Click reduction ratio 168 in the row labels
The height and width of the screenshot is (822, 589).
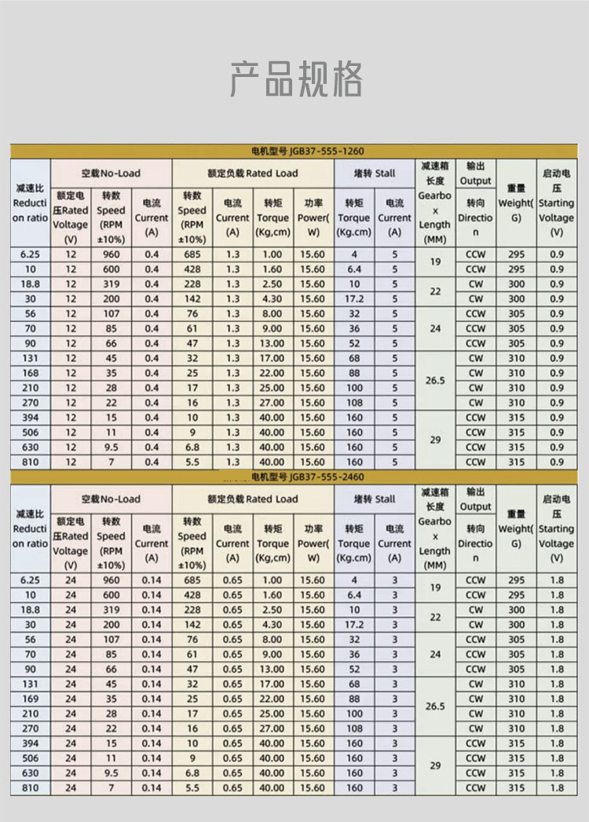30,373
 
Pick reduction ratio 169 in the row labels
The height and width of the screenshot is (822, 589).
30,699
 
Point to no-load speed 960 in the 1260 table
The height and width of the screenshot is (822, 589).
111,254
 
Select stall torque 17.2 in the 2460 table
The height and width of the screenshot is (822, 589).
354,625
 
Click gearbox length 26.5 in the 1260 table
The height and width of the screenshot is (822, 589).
435,380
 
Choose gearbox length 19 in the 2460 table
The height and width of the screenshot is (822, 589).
435,587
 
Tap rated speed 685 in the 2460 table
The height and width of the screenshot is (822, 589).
192,580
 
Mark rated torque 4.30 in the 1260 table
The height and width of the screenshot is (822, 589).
272,299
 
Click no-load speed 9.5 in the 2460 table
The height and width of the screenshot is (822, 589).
111,773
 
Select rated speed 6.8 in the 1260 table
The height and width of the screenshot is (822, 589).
192,448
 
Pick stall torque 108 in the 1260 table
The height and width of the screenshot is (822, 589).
354,403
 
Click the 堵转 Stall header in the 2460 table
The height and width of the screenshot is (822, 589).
374,499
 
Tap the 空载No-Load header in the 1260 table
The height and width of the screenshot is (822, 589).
111,173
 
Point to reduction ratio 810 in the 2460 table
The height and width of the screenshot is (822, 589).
30,787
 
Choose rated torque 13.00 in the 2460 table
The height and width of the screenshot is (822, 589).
272,670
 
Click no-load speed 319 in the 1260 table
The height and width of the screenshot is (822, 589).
111,284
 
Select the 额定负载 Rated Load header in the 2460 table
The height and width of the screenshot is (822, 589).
253,499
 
